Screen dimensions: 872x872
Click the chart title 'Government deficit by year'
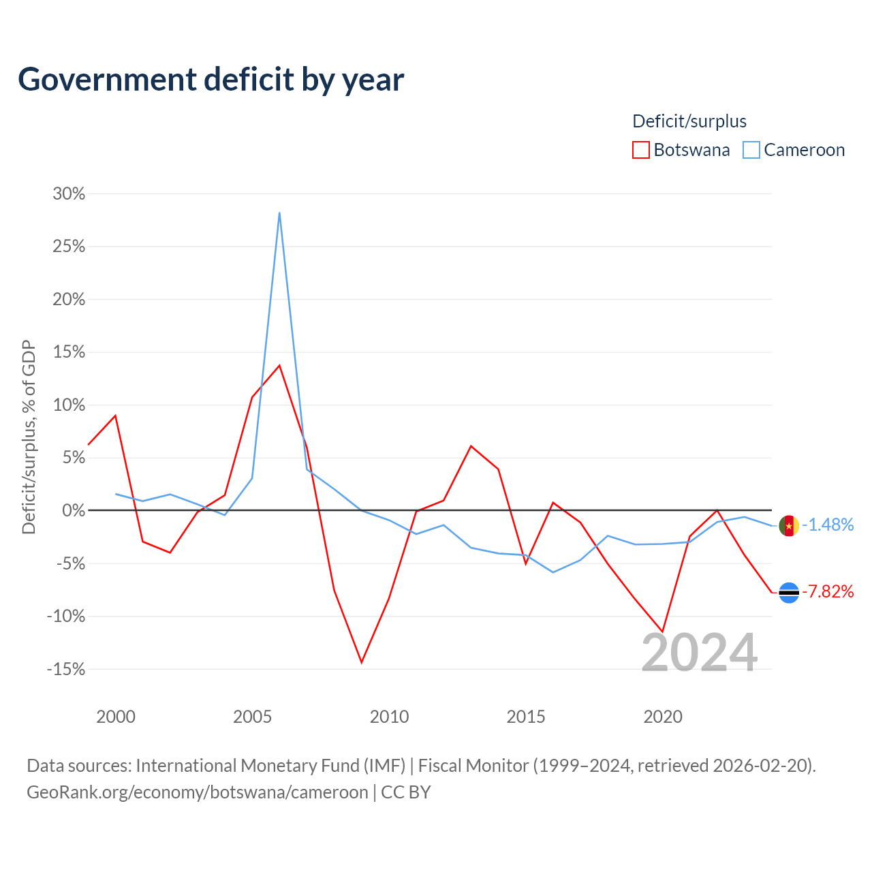tap(211, 80)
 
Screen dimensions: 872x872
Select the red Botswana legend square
tap(640, 150)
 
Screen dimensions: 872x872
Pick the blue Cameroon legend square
tap(751, 150)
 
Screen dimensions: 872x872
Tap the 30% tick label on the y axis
tap(69, 193)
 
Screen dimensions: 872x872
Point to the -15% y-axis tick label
tap(66, 669)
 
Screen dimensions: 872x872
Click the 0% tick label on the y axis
tap(74, 510)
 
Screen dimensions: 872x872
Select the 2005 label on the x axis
tap(252, 717)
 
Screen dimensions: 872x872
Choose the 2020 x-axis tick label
tap(662, 717)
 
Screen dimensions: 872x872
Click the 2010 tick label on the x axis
tap(389, 717)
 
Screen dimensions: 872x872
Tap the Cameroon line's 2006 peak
tap(279, 213)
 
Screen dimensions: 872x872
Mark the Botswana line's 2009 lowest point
tap(362, 662)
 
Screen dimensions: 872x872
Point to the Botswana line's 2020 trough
tap(662, 632)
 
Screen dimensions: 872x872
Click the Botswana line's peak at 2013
tap(471, 446)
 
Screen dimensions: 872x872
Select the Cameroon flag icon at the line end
tap(789, 526)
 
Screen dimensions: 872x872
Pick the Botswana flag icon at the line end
tap(789, 592)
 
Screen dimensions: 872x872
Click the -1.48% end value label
tap(828, 525)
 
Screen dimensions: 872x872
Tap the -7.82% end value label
tap(828, 591)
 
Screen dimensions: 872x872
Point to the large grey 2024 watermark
tap(699, 652)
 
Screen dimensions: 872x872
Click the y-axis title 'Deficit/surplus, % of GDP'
tap(29, 437)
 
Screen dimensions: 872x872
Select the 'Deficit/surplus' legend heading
tap(689, 121)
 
